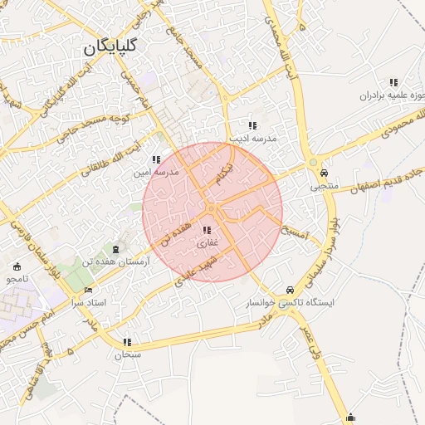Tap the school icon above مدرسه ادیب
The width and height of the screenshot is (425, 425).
tap(252, 125)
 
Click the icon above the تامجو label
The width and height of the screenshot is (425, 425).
tap(17, 266)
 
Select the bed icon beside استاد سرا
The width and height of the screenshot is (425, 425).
tap(89, 291)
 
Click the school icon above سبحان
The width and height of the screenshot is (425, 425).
tap(127, 342)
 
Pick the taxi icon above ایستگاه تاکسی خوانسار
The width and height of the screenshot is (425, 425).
tap(289, 290)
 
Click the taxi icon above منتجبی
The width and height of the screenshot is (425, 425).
tap(323, 173)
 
